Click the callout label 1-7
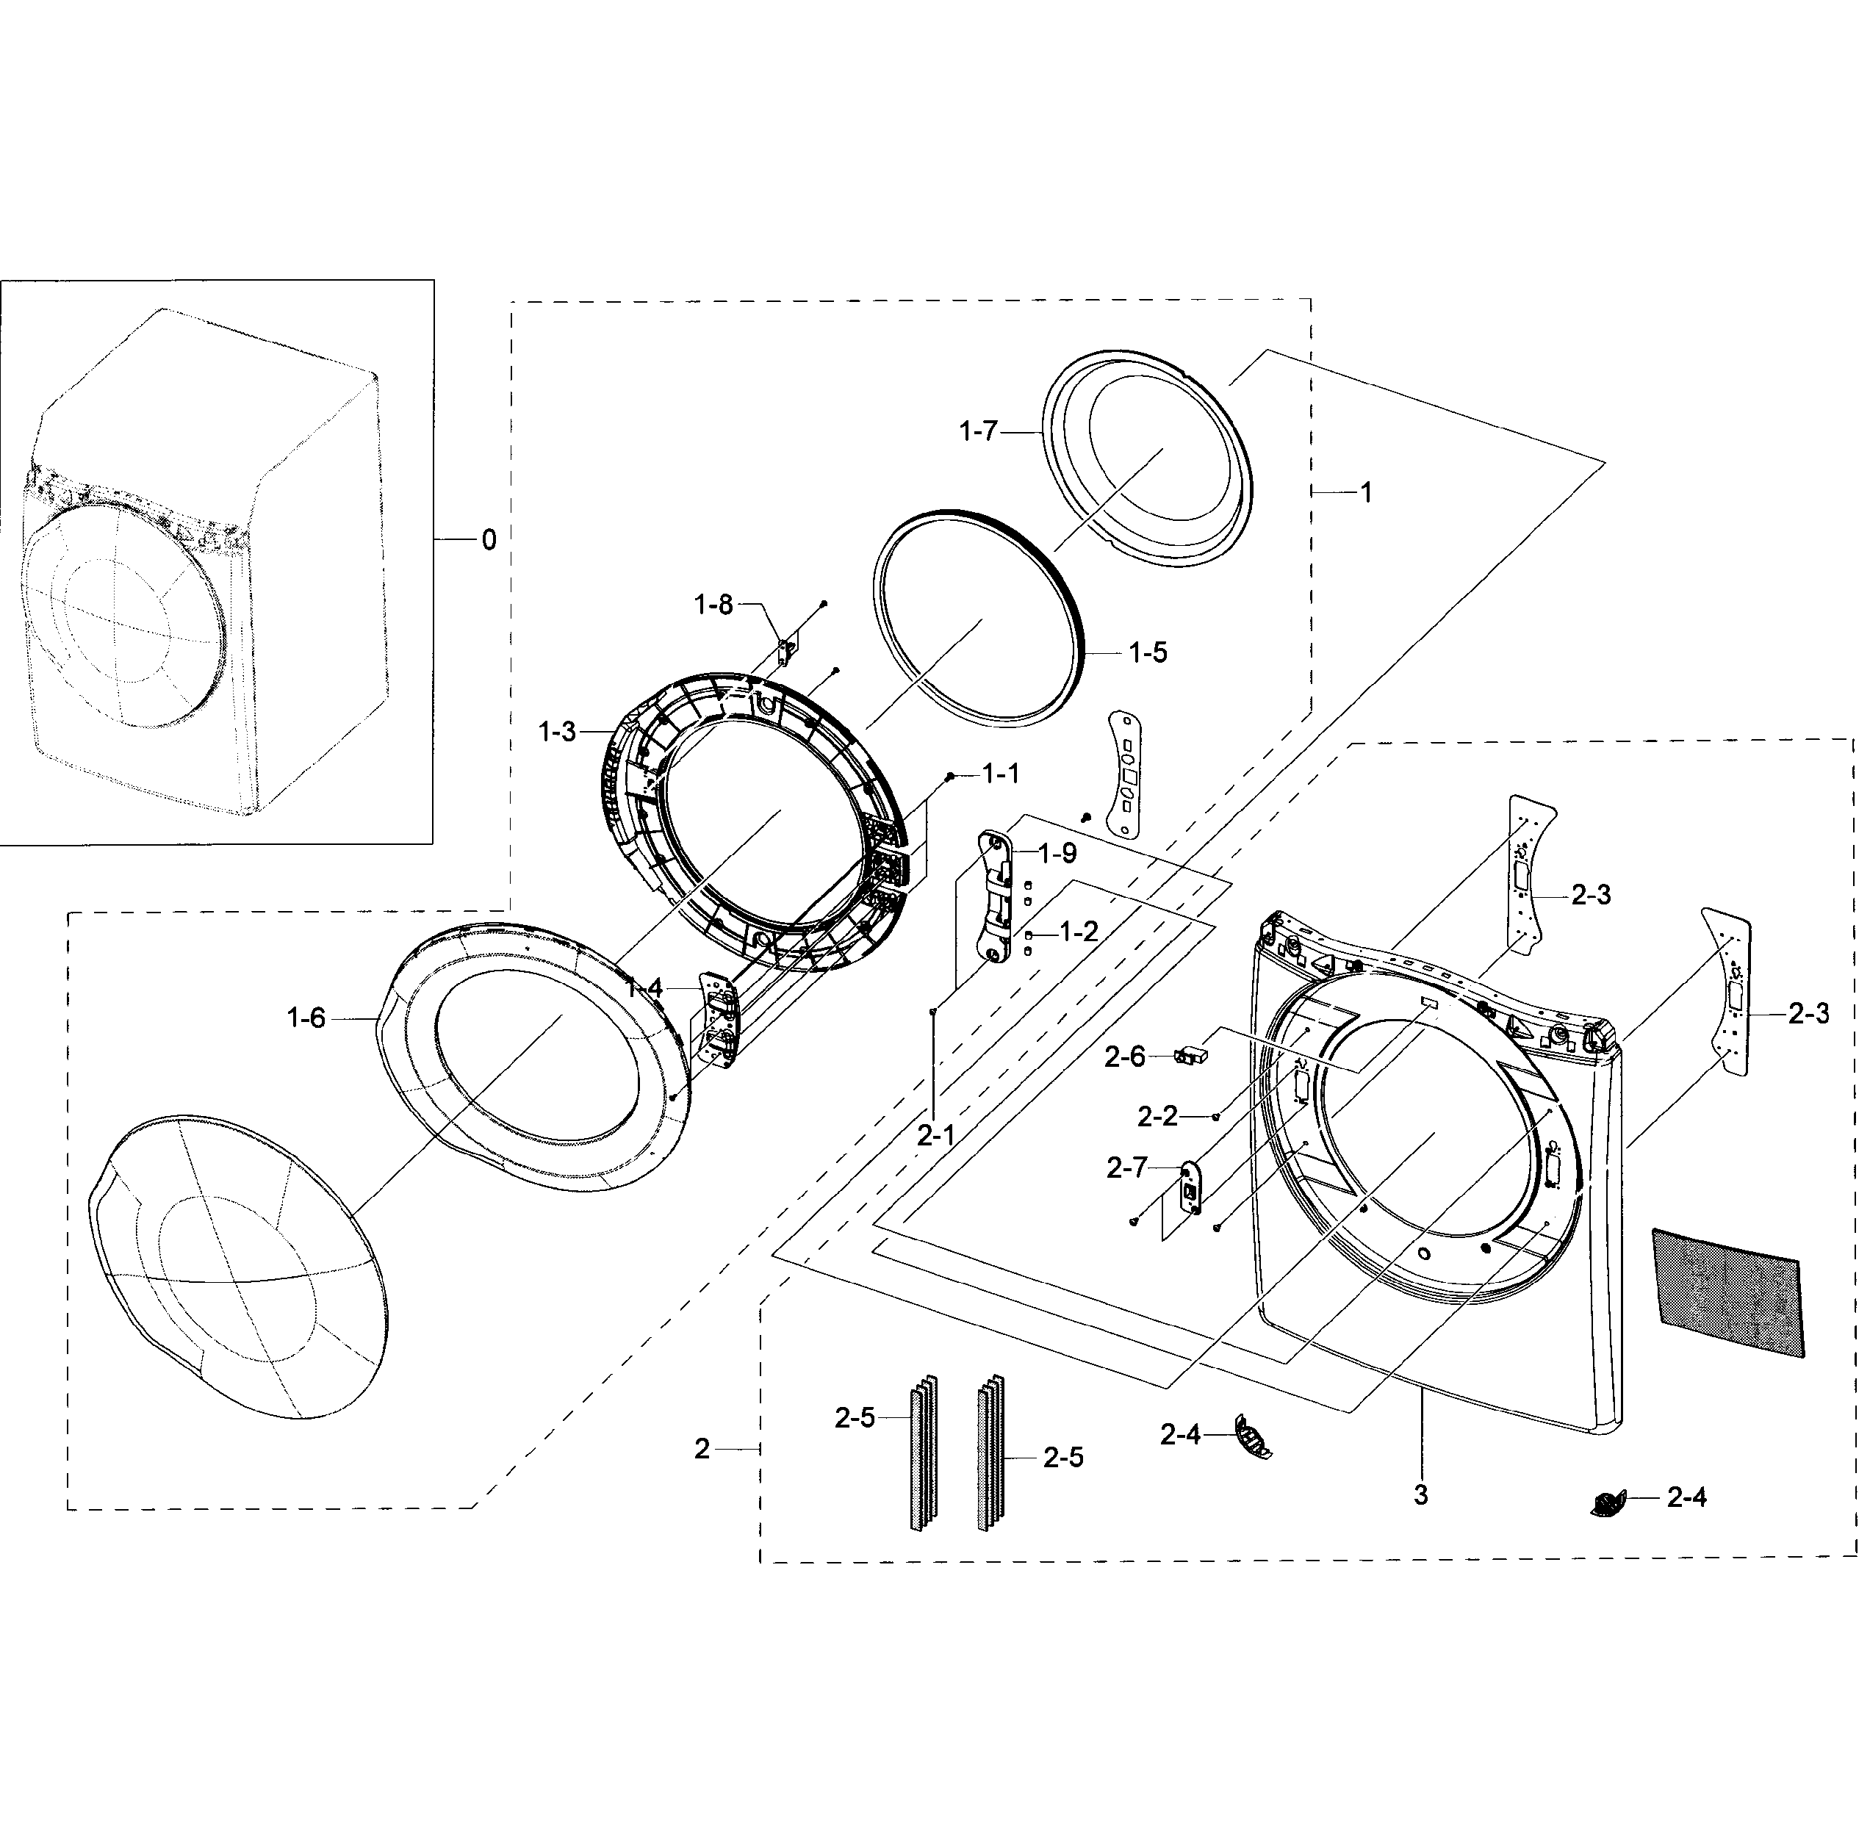coord(977,432)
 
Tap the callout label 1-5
coord(1148,653)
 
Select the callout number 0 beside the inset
coord(489,540)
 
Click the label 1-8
coord(713,605)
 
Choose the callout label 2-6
coord(1124,1057)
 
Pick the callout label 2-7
coord(1126,1169)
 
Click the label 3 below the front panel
coord(1420,1495)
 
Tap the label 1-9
coord(1057,854)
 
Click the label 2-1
coord(935,1137)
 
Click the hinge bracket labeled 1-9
coord(998,896)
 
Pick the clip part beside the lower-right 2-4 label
coord(1607,1503)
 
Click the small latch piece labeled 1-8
coord(785,652)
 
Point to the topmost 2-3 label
coord(1591,896)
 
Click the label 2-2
coord(1157,1117)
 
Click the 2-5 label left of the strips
coord(854,1418)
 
